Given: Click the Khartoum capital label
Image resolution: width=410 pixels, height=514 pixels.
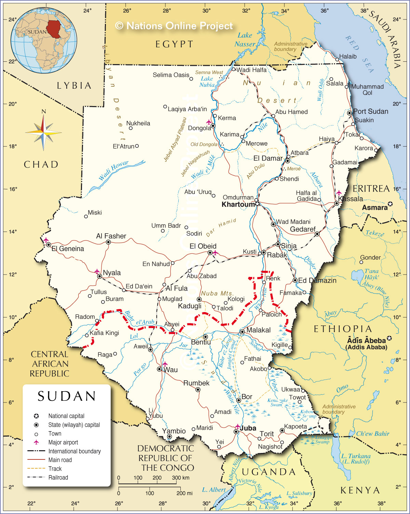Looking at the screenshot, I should (x=238, y=205).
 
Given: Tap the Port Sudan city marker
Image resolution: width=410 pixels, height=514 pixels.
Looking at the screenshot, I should (x=350, y=113).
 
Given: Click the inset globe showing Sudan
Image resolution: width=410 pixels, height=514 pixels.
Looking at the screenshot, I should (x=44, y=41).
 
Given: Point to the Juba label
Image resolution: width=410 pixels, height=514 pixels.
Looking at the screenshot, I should (x=248, y=428).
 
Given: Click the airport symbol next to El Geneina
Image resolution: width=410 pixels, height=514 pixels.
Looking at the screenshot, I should (x=46, y=240).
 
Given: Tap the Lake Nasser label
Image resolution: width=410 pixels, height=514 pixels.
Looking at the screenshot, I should (x=245, y=40).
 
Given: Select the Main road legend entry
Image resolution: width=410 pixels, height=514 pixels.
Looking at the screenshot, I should (x=60, y=460).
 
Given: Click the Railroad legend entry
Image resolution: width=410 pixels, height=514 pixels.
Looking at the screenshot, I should (x=58, y=478).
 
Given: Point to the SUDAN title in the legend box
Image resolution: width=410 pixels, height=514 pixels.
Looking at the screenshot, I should (x=67, y=396).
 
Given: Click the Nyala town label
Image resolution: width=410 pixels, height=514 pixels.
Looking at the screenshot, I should (x=112, y=273).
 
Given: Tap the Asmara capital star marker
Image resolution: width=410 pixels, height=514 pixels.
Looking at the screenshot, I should (x=390, y=204).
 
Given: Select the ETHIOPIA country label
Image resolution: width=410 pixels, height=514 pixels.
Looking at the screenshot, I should (x=343, y=329).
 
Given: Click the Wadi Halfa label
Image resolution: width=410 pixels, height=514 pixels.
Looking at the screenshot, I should (x=251, y=70).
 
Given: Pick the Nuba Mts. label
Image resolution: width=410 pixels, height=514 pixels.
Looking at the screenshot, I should (x=217, y=293).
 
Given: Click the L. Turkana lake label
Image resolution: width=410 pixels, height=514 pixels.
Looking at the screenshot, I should (x=356, y=459).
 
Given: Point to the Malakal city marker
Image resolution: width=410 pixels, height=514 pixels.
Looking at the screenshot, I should (x=242, y=332).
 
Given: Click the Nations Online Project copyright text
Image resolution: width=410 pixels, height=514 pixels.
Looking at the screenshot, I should (x=174, y=26).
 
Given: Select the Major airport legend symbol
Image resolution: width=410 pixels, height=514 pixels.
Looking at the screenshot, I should (x=36, y=442).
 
